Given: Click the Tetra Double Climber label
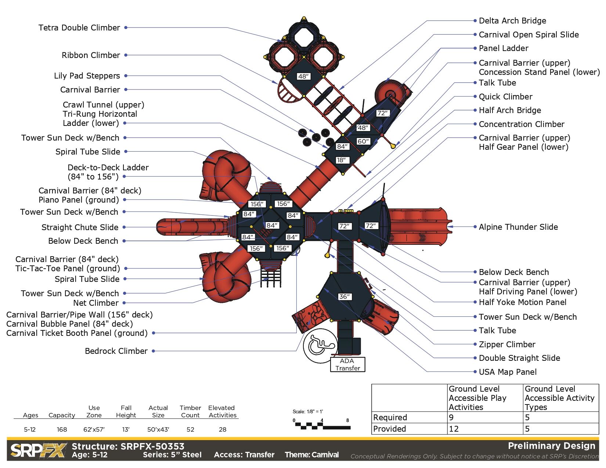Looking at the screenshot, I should (79, 28).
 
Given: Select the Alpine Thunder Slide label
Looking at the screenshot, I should (518, 227).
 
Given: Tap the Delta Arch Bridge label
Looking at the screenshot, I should (512, 21).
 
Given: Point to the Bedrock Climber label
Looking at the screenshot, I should (116, 351).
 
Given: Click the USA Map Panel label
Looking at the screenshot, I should (508, 372).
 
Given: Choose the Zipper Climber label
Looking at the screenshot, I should (507, 344).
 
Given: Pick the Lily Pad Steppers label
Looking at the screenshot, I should (87, 76).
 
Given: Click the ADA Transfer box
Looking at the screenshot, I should (347, 364).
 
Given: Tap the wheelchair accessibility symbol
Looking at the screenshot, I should (320, 345).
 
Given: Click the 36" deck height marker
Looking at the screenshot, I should (345, 297).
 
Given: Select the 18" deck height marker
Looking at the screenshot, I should (341, 160).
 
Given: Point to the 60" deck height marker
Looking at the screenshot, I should (363, 141).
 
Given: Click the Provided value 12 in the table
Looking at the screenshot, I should (454, 429).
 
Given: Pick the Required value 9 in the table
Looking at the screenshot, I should (451, 417).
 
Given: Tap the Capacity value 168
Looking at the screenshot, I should (62, 429).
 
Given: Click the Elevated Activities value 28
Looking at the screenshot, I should (223, 429).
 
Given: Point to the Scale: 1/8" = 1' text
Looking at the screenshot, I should (308, 411).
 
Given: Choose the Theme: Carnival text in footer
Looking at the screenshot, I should (311, 455).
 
